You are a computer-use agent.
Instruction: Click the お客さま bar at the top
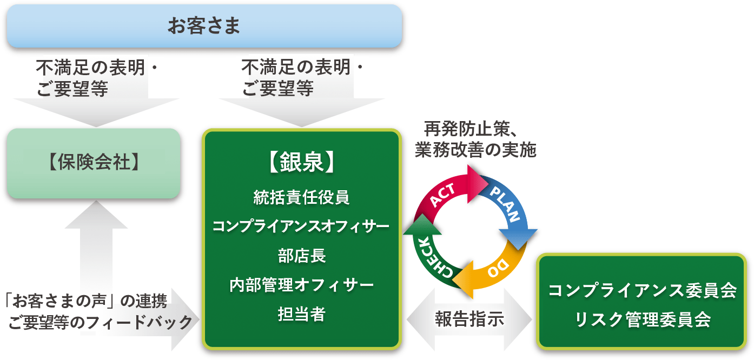tap(204, 26)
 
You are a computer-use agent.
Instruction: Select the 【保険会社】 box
tap(94, 163)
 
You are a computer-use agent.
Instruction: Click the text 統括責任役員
tap(301, 197)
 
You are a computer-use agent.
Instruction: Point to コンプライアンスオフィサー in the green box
tap(301, 226)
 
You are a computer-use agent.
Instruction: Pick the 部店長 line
tap(301, 255)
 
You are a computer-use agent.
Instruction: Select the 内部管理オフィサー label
tap(301, 284)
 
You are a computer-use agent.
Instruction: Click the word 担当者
tap(301, 314)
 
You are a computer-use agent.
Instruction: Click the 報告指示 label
tap(469, 319)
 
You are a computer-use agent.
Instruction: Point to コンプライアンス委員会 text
tap(643, 291)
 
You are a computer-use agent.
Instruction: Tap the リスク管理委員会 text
tap(643, 319)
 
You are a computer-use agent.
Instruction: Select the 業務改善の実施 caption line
tap(475, 150)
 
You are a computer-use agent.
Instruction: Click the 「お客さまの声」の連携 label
tap(85, 298)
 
